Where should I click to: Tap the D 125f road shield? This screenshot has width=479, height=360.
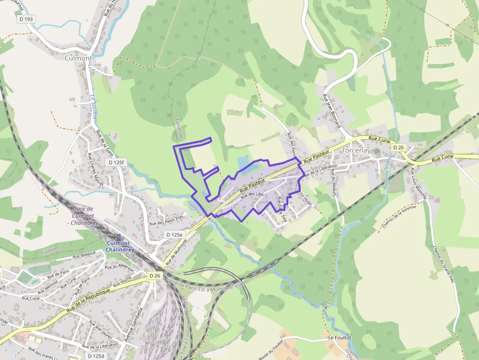(117, 162)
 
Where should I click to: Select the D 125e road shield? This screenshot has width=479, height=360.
(175, 234)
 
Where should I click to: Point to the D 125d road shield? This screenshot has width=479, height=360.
(97, 356)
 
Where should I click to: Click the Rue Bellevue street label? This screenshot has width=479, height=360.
(84, 255)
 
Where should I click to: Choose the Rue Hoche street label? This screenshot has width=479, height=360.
(122, 282)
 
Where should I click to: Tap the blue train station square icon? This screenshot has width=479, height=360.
(118, 236)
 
